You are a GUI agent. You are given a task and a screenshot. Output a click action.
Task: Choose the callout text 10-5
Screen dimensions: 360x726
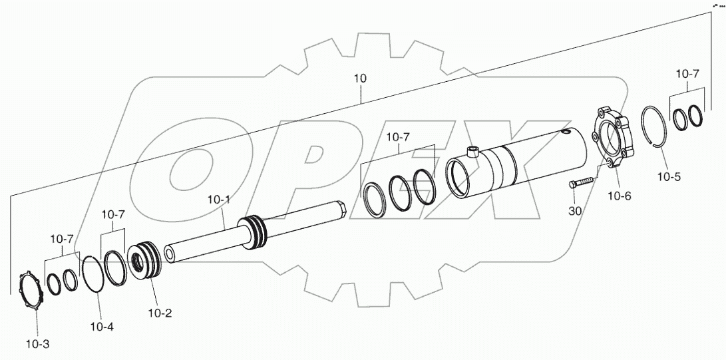pyautogui.click(x=668, y=177)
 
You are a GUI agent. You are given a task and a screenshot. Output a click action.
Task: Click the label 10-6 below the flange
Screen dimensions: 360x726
pyautogui.click(x=618, y=196)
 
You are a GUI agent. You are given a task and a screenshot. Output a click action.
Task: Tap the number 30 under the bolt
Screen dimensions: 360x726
pyautogui.click(x=575, y=211)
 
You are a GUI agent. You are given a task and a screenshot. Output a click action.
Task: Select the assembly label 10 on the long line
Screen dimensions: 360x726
pyautogui.click(x=359, y=79)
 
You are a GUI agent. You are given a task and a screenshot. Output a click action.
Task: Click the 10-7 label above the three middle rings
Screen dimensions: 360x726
pyautogui.click(x=398, y=137)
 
